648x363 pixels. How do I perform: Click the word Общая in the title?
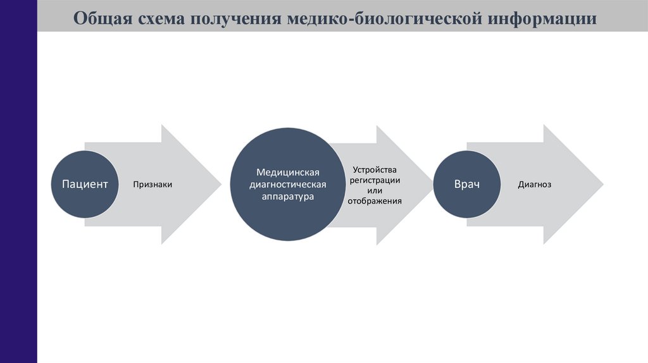[101, 18]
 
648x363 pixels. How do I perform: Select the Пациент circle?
[84, 185]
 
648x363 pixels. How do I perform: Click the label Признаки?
[153, 185]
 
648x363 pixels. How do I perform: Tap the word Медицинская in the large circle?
[288, 172]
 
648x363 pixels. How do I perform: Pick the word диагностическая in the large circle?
[288, 185]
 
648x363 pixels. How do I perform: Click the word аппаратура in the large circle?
[288, 197]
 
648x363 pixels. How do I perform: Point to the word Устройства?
[375, 170]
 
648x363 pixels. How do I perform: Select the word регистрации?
[375, 180]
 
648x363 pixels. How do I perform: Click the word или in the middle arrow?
[375, 190]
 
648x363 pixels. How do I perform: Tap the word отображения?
[375, 200]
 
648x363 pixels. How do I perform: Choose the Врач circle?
[466, 185]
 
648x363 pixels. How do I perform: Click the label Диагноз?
[535, 185]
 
